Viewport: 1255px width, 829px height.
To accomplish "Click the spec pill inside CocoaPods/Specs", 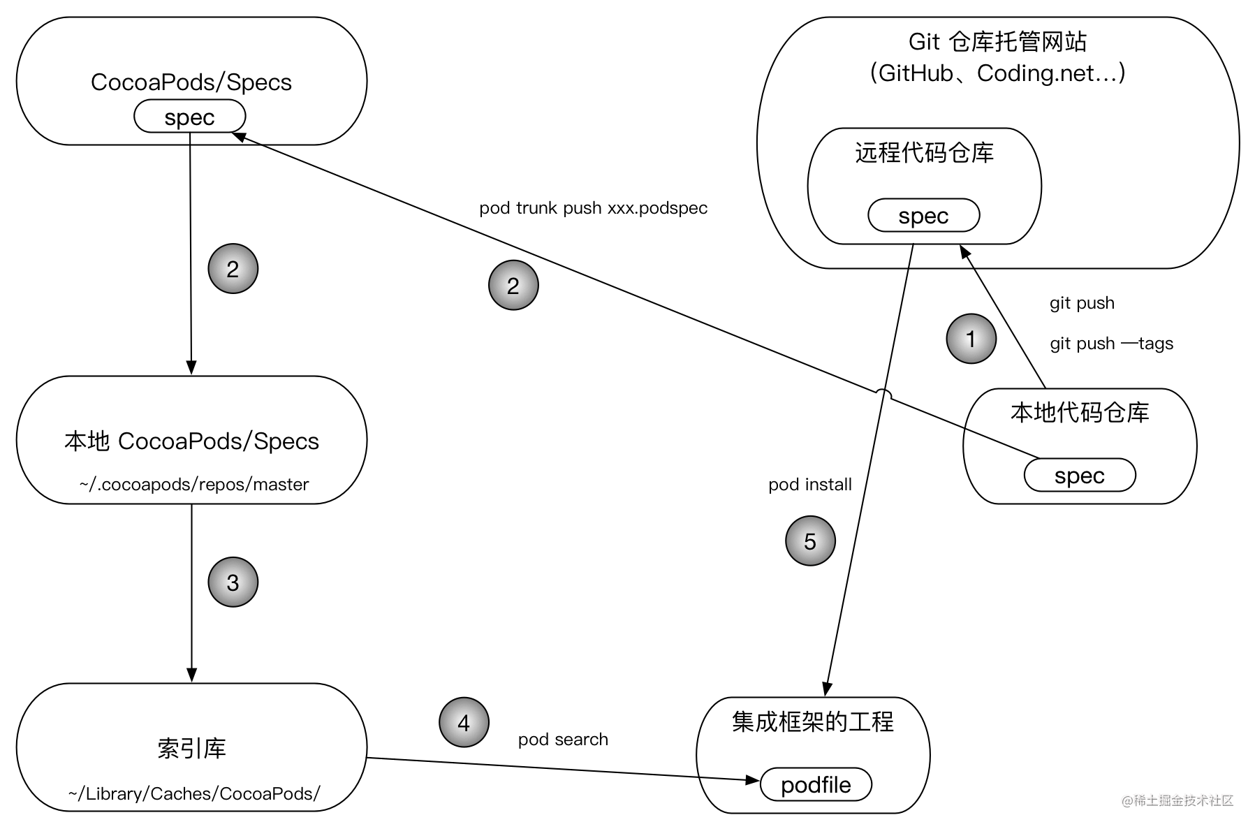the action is click(x=189, y=117).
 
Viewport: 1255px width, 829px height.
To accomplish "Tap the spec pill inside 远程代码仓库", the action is click(x=923, y=216).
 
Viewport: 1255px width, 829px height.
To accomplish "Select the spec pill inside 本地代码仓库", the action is click(x=1080, y=476).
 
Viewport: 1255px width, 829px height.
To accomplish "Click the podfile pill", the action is click(x=816, y=784).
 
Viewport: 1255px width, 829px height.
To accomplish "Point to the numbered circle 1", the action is click(x=971, y=339).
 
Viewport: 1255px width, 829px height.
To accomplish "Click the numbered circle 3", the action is click(x=233, y=582).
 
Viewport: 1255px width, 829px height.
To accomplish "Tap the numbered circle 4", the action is click(x=464, y=723).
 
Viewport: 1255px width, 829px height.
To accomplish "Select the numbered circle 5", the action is click(x=810, y=541).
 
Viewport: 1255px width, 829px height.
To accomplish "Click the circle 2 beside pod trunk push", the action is click(x=513, y=285).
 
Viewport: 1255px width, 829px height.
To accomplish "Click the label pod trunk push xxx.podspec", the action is click(x=593, y=208).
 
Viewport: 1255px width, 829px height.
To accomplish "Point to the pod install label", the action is click(x=810, y=485).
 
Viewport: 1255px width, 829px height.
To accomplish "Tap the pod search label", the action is click(x=563, y=740).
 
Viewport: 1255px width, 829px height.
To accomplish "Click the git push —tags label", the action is click(x=1111, y=344).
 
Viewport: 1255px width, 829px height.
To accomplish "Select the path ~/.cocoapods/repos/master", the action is click(x=193, y=485).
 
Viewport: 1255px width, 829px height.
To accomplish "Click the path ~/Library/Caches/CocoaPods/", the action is click(x=194, y=794).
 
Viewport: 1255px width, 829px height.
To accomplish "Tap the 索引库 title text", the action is click(x=191, y=749).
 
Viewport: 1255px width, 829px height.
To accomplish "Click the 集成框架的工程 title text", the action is click(x=813, y=721).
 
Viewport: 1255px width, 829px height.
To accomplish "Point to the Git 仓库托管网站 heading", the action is click(x=997, y=42).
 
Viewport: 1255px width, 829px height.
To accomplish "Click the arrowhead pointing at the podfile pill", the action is click(x=753, y=779).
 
